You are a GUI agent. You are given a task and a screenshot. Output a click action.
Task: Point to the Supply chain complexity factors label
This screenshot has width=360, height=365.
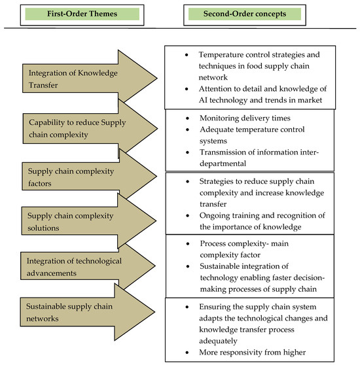click(x=68, y=177)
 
